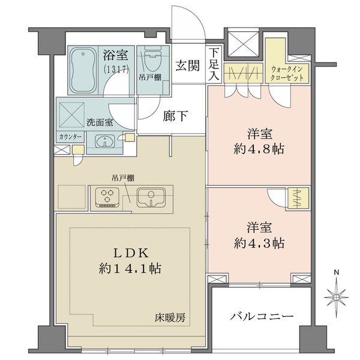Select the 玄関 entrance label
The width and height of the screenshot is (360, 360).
point(187,65)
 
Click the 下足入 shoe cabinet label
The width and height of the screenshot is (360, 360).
point(214,64)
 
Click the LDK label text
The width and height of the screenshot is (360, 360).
point(125,252)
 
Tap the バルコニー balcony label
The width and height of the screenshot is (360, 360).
point(261,316)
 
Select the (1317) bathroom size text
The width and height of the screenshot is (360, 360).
point(116,69)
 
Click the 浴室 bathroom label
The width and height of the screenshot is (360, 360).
point(115,56)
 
